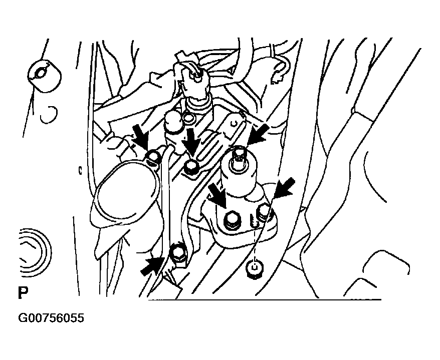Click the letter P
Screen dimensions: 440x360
pos(23,293)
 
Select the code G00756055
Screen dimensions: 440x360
pos(51,318)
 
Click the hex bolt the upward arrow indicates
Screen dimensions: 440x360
pos(177,254)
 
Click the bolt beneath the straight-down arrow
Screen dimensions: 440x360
pos(191,167)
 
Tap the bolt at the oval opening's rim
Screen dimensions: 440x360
pos(153,157)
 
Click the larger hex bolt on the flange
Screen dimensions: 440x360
pos(232,217)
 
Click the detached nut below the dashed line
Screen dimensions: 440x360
pos(255,268)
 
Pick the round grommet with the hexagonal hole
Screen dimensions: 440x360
pos(45,76)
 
